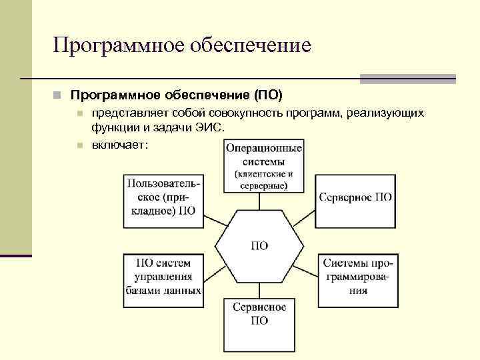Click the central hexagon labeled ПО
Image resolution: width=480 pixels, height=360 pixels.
pyautogui.click(x=259, y=245)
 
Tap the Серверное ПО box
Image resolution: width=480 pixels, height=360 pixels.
pyautogui.click(x=355, y=198)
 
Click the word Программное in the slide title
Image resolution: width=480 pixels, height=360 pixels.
pyautogui.click(x=119, y=45)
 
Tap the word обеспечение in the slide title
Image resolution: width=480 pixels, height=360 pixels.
pyautogui.click(x=251, y=45)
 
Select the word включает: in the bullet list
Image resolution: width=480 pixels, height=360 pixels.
pyautogui.click(x=120, y=145)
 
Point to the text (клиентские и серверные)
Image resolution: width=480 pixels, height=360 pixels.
pyautogui.click(x=263, y=180)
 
